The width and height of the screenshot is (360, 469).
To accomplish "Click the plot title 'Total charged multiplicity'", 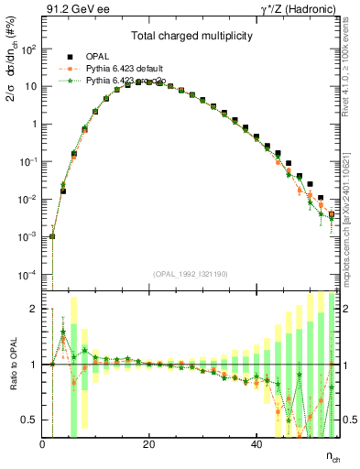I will click(x=191, y=38).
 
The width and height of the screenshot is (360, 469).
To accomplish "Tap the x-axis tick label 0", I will click(x=42, y=445).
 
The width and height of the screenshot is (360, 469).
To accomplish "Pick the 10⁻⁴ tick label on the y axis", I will click(x=28, y=275).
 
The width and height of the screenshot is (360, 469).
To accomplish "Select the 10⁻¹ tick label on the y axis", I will click(x=28, y=161).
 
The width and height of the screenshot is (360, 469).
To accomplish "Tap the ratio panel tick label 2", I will click(x=33, y=309).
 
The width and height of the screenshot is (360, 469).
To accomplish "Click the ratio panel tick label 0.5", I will click(x=29, y=420).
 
